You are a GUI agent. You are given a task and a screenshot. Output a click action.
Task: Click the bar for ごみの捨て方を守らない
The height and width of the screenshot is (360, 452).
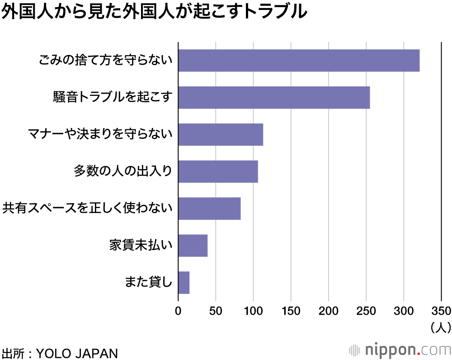pyautogui.click(x=299, y=61)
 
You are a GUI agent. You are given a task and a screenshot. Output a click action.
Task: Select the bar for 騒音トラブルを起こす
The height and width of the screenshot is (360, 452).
pyautogui.click(x=274, y=98)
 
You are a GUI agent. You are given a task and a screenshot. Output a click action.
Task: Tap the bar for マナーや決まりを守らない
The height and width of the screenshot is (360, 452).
pyautogui.click(x=221, y=135)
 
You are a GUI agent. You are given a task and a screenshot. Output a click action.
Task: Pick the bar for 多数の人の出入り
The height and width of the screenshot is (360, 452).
pyautogui.click(x=218, y=172)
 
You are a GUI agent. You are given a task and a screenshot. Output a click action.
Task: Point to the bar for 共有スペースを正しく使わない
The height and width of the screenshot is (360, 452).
pyautogui.click(x=209, y=208)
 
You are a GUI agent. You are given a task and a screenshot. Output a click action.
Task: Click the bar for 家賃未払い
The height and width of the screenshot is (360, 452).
pyautogui.click(x=193, y=246)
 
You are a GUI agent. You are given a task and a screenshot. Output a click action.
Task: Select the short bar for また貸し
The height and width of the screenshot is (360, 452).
pyautogui.click(x=184, y=283)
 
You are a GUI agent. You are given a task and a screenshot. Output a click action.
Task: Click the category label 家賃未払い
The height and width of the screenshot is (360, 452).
pyautogui.click(x=141, y=246)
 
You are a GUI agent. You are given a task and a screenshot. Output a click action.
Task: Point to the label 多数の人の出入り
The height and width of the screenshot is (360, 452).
pyautogui.click(x=123, y=172)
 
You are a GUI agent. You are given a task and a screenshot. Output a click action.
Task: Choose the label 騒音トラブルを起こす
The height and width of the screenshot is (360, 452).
pyautogui.click(x=113, y=98)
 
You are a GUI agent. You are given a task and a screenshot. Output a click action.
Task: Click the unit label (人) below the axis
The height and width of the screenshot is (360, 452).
pyautogui.click(x=439, y=327)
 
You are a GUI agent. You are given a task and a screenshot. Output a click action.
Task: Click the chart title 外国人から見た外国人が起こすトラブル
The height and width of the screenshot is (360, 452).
pyautogui.click(x=154, y=12)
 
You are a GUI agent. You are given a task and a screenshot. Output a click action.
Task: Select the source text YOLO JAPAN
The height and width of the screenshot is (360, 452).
pyautogui.click(x=76, y=352)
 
